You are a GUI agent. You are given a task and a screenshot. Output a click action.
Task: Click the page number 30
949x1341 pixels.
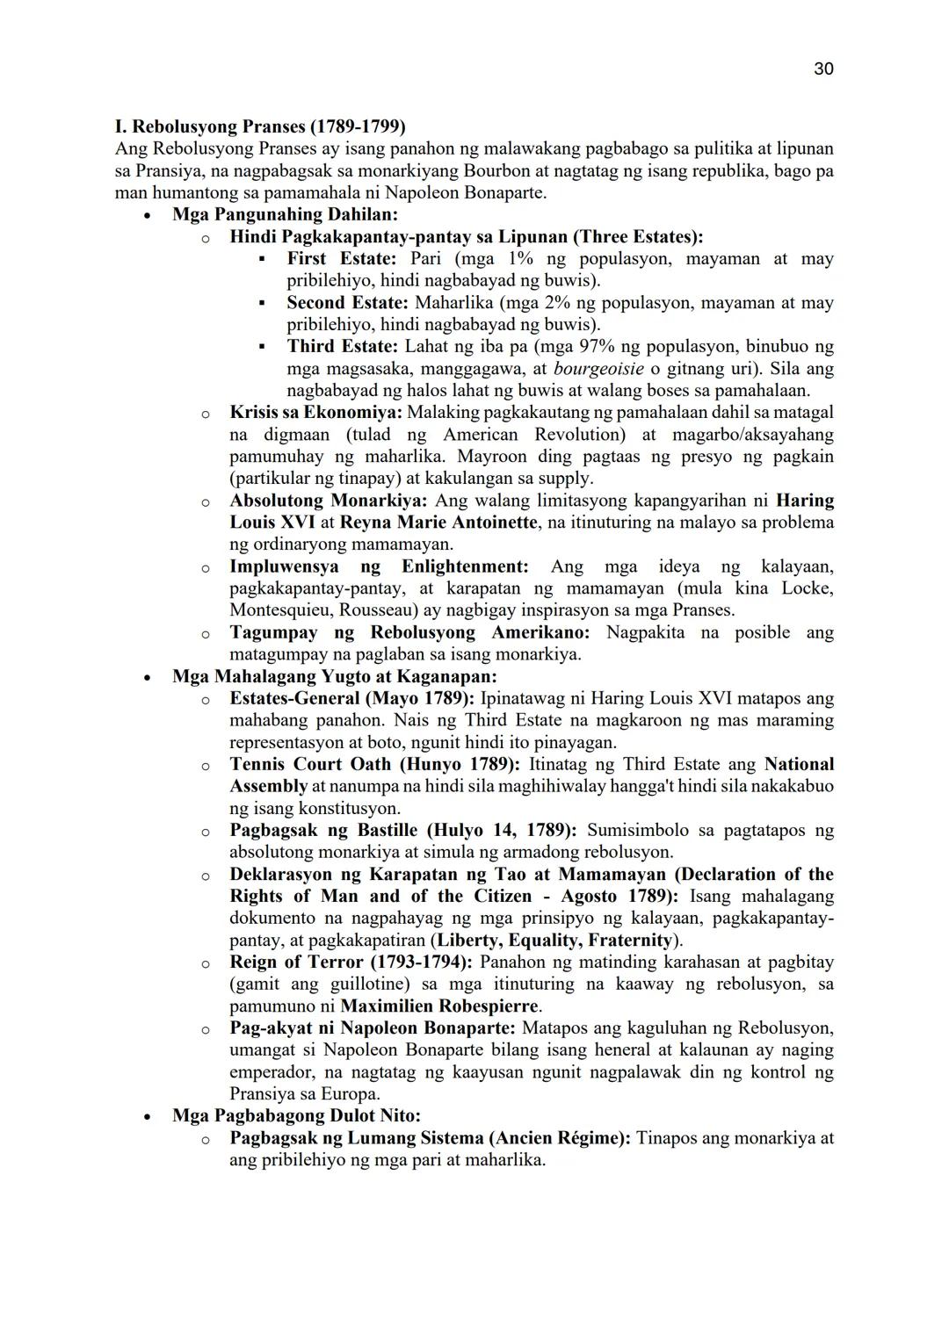pyautogui.click(x=823, y=68)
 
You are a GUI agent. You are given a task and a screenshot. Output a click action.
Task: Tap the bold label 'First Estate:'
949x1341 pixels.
pyautogui.click(x=342, y=259)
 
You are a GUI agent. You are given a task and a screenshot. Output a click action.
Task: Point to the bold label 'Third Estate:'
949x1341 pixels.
pyautogui.click(x=342, y=347)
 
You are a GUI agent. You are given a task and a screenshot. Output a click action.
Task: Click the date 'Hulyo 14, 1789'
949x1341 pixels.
pyautogui.click(x=502, y=831)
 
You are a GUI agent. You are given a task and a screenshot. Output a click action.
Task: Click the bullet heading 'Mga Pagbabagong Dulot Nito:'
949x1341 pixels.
pyautogui.click(x=296, y=1116)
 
